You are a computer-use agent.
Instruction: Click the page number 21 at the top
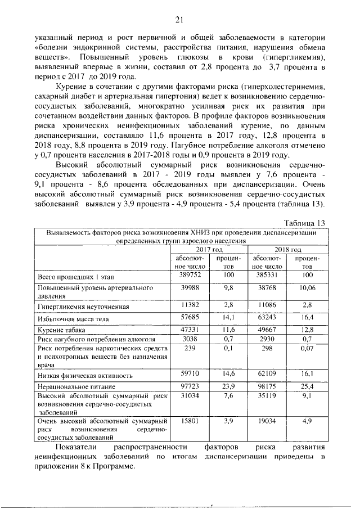click(180, 21)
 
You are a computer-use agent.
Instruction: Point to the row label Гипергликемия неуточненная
click(84, 307)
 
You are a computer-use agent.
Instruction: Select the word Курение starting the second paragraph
click(73, 88)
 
